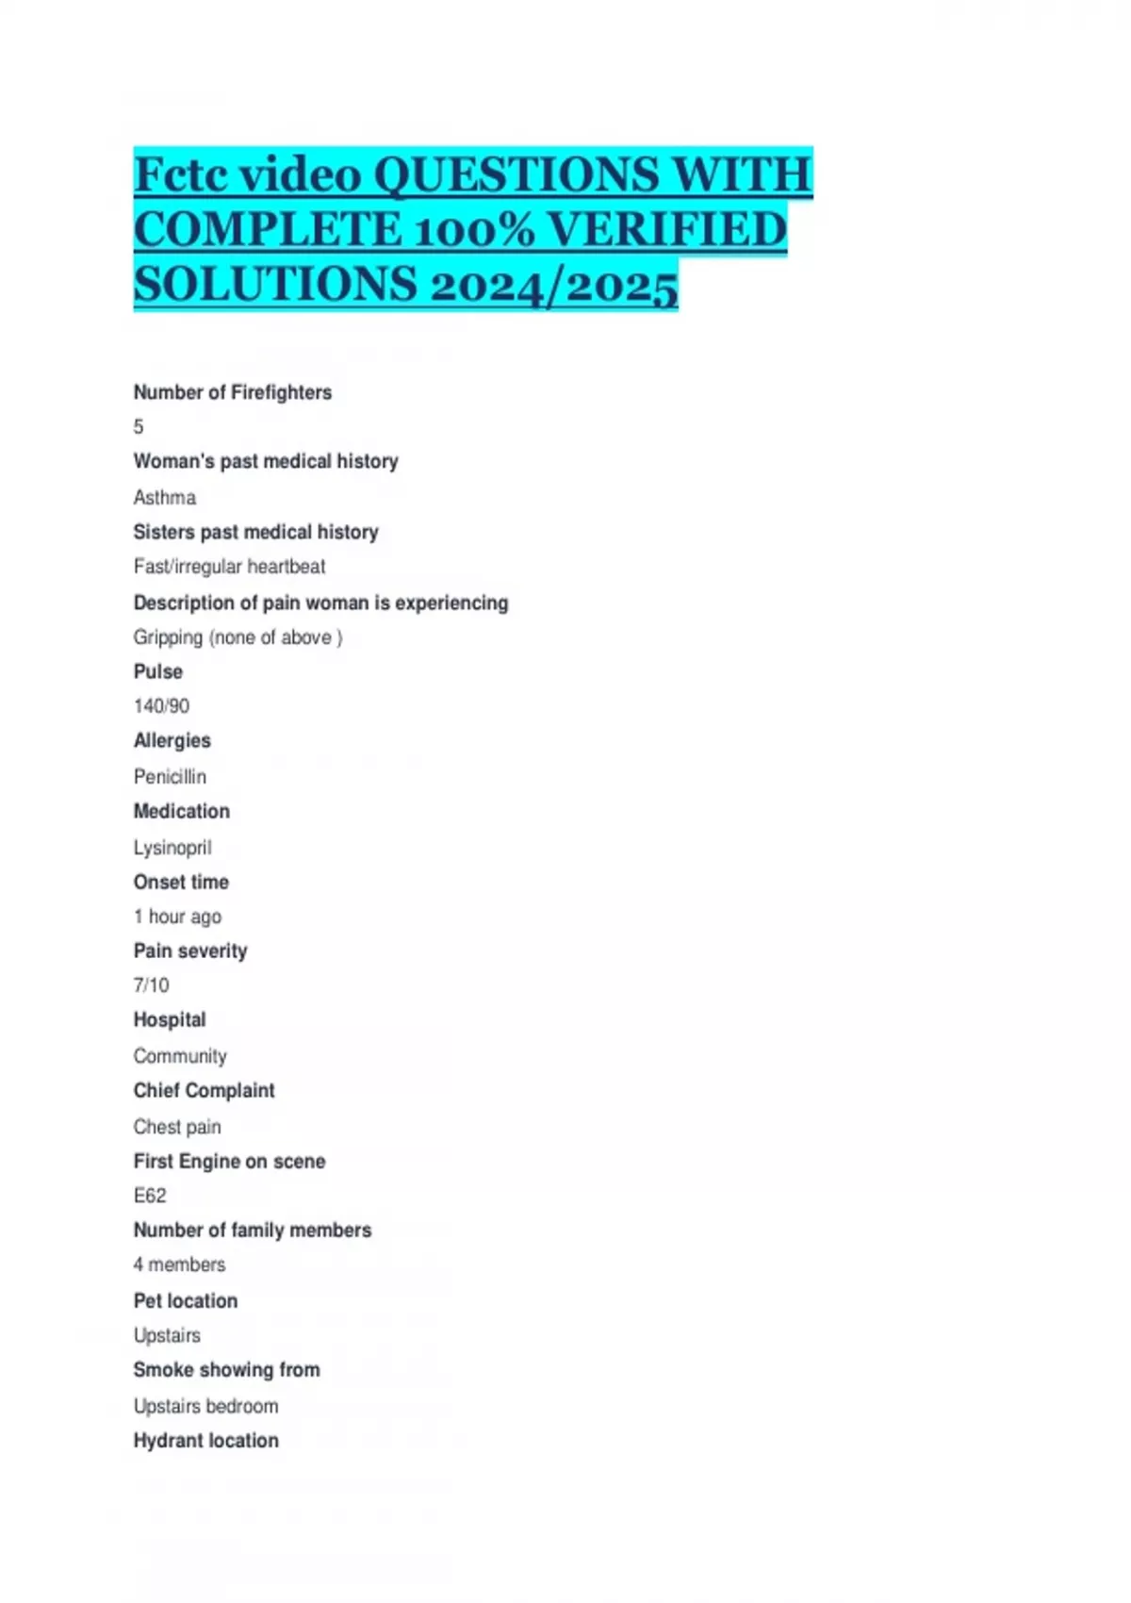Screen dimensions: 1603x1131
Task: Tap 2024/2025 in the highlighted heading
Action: [x=553, y=285]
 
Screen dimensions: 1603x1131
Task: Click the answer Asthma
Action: [x=165, y=497]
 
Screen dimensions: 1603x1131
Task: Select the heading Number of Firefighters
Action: [x=233, y=392]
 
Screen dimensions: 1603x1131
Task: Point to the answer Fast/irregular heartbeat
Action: [x=229, y=567]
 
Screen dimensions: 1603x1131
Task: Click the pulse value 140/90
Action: [x=161, y=706]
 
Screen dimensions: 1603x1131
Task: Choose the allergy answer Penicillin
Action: [x=170, y=777]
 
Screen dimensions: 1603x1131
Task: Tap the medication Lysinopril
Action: [x=172, y=848]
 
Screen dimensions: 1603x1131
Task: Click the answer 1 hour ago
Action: [x=177, y=917]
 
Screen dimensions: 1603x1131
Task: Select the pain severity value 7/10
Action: [x=152, y=985]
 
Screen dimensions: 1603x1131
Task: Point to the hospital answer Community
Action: [x=180, y=1056]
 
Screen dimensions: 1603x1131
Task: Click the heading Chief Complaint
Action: [x=204, y=1091]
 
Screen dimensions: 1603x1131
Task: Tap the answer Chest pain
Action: [x=177, y=1127]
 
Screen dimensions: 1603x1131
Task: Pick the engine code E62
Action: [x=150, y=1196]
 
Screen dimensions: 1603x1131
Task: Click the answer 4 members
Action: [x=179, y=1264]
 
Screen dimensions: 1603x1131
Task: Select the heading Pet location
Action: [x=186, y=1301]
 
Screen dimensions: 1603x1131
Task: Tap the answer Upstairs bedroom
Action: [x=205, y=1406]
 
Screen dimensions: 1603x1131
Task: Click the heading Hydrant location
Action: [x=205, y=1441]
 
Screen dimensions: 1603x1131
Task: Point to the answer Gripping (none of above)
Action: [x=238, y=637]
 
